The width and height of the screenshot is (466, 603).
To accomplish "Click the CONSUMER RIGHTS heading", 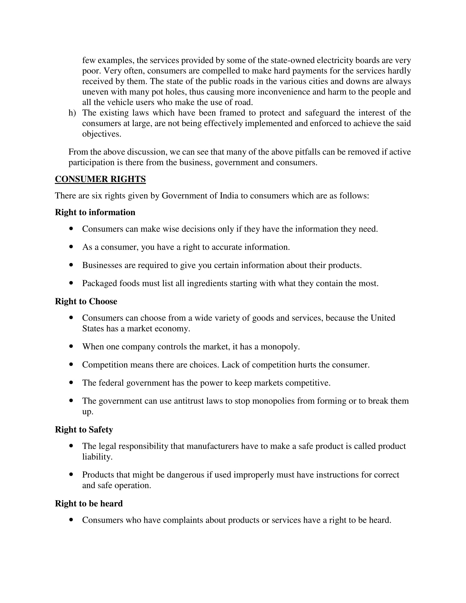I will click(x=100, y=179).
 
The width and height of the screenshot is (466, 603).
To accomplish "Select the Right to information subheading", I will click(x=95, y=212).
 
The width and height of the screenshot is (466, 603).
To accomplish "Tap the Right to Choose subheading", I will click(x=86, y=301).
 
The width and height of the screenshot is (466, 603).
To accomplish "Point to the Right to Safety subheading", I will click(x=84, y=430).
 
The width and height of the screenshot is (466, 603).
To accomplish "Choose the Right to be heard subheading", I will click(x=89, y=504).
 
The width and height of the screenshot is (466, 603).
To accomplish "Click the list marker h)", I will click(x=72, y=113).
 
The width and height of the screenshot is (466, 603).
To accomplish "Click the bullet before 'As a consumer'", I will click(x=71, y=247).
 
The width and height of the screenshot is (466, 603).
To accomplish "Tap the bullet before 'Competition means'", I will click(x=71, y=365).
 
